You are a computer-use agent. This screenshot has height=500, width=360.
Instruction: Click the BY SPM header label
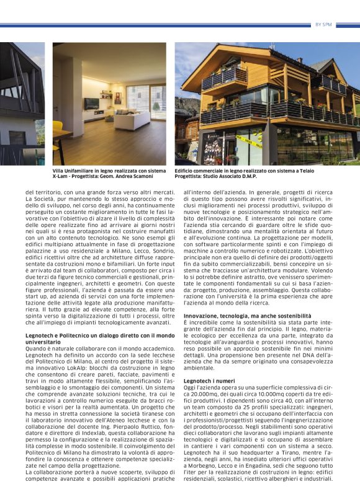click(323, 24)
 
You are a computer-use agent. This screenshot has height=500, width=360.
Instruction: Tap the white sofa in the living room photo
click(133, 118)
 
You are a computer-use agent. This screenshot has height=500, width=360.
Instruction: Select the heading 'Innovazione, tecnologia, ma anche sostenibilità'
click(238, 316)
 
